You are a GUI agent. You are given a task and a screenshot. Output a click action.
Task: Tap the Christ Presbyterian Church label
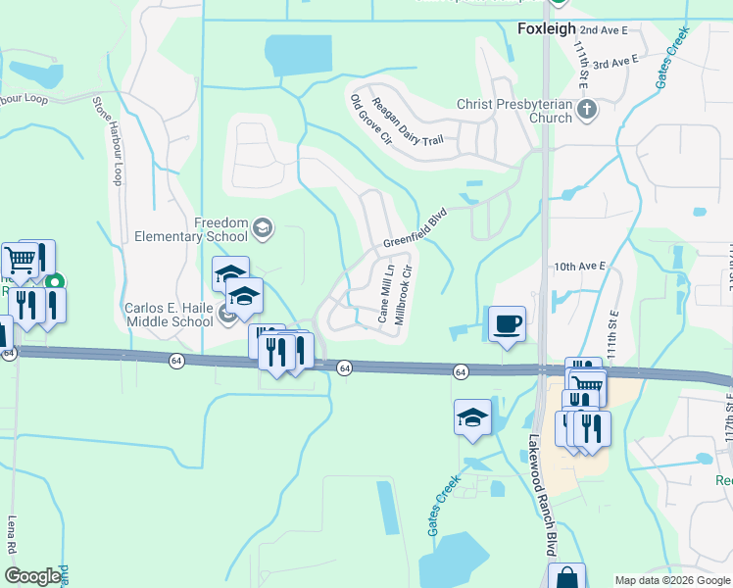click(514, 111)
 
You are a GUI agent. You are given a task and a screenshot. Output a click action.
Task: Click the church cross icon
click(587, 109)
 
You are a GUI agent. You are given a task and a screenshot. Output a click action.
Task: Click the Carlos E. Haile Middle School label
click(169, 314)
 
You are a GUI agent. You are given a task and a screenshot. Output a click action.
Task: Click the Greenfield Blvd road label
click(415, 227)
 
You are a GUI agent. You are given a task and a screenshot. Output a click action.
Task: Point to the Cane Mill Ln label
click(385, 292)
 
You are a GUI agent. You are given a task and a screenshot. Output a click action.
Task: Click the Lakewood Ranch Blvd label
click(543, 496)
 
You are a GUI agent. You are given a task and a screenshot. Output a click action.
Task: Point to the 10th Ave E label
click(580, 266)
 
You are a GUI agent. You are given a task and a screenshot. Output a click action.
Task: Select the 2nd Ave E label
click(603, 30)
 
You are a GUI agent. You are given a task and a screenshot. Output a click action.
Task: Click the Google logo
click(32, 576)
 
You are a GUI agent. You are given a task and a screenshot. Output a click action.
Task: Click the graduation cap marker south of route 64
click(471, 418)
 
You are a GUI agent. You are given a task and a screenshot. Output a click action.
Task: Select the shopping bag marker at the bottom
click(566, 577)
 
